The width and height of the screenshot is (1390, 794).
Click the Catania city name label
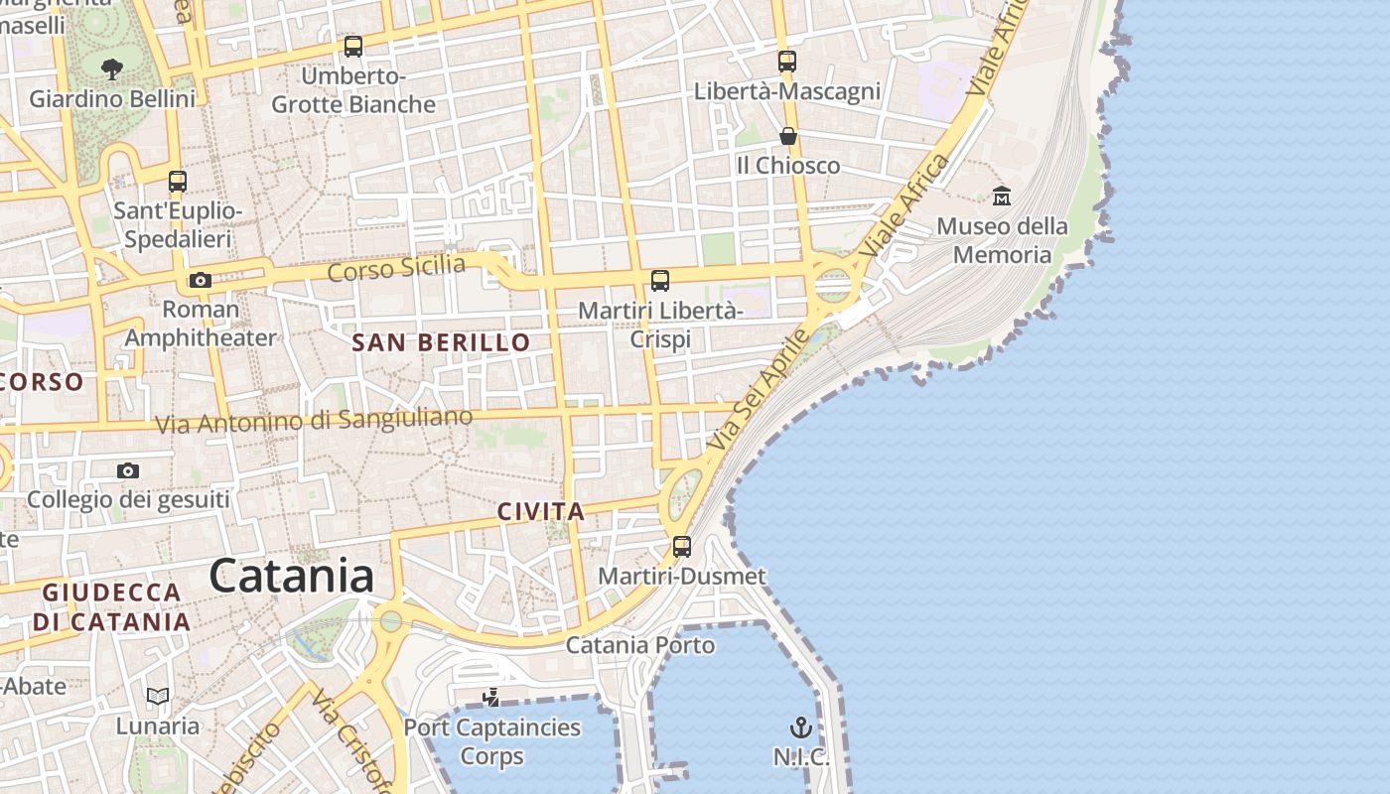pyautogui.click(x=292, y=577)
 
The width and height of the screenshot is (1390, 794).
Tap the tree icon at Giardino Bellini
pyautogui.click(x=112, y=69)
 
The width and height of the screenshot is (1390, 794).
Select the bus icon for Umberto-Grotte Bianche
pyautogui.click(x=352, y=47)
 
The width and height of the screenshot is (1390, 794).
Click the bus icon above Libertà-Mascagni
pyautogui.click(x=787, y=62)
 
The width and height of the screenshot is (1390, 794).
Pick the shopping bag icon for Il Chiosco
pyautogui.click(x=788, y=136)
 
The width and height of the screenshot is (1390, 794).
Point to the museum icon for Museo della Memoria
pyautogui.click(x=1001, y=197)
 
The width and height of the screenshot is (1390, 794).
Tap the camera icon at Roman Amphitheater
pyautogui.click(x=201, y=281)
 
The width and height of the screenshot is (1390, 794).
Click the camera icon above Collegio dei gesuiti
pyautogui.click(x=128, y=470)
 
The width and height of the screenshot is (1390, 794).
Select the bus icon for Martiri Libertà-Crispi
pyautogui.click(x=660, y=281)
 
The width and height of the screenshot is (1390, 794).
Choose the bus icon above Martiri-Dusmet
pyautogui.click(x=682, y=546)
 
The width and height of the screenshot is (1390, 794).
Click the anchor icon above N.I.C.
pyautogui.click(x=800, y=728)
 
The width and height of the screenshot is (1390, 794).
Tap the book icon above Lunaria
pyautogui.click(x=158, y=696)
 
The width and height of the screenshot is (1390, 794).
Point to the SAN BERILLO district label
pyautogui.click(x=441, y=343)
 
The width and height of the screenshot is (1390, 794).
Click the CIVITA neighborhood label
pyautogui.click(x=540, y=512)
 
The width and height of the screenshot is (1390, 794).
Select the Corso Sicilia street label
pyautogui.click(x=396, y=268)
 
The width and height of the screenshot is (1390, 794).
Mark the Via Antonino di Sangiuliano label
pyautogui.click(x=314, y=421)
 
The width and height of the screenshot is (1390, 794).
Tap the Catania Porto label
pyautogui.click(x=640, y=645)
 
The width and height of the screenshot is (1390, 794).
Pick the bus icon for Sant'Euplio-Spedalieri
pyautogui.click(x=178, y=182)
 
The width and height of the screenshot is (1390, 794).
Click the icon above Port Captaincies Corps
pyautogui.click(x=490, y=698)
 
